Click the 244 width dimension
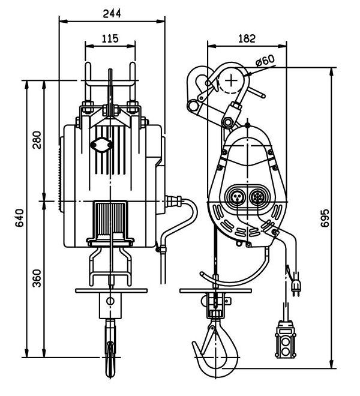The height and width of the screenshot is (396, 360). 112,11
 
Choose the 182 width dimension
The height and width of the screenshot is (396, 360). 247,38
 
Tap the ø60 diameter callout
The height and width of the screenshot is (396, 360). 264,60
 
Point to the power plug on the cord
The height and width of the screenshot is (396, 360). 295,287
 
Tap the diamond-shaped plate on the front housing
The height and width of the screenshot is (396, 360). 100,145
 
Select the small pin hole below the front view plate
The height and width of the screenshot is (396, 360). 110,301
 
